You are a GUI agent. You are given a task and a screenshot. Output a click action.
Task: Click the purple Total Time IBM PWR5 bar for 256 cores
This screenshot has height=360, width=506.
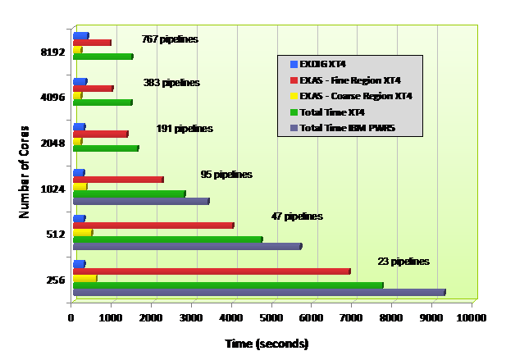point(258,292)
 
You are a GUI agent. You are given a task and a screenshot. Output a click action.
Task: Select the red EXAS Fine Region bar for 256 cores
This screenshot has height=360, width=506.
point(212,271)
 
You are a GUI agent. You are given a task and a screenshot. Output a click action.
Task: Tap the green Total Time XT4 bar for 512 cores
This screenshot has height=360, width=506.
point(167,239)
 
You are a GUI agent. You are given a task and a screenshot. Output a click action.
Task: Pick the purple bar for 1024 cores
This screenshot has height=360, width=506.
point(140,201)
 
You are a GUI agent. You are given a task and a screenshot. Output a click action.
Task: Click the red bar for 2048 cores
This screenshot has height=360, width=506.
point(100,134)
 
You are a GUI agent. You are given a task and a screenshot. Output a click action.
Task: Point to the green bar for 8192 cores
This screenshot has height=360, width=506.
point(103,57)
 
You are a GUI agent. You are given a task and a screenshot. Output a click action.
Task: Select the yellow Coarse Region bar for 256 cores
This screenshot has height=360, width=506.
point(84,278)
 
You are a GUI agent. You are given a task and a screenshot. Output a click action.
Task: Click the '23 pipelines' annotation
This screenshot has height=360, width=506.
point(403,262)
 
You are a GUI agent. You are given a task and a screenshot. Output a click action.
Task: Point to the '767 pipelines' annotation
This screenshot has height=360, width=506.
point(170,39)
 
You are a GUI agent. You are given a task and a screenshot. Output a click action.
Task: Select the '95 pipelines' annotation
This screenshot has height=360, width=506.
point(226,175)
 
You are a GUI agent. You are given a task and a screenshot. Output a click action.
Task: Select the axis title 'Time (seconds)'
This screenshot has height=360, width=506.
point(267,343)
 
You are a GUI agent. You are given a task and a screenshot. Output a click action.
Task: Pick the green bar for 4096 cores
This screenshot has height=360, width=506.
point(103,103)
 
